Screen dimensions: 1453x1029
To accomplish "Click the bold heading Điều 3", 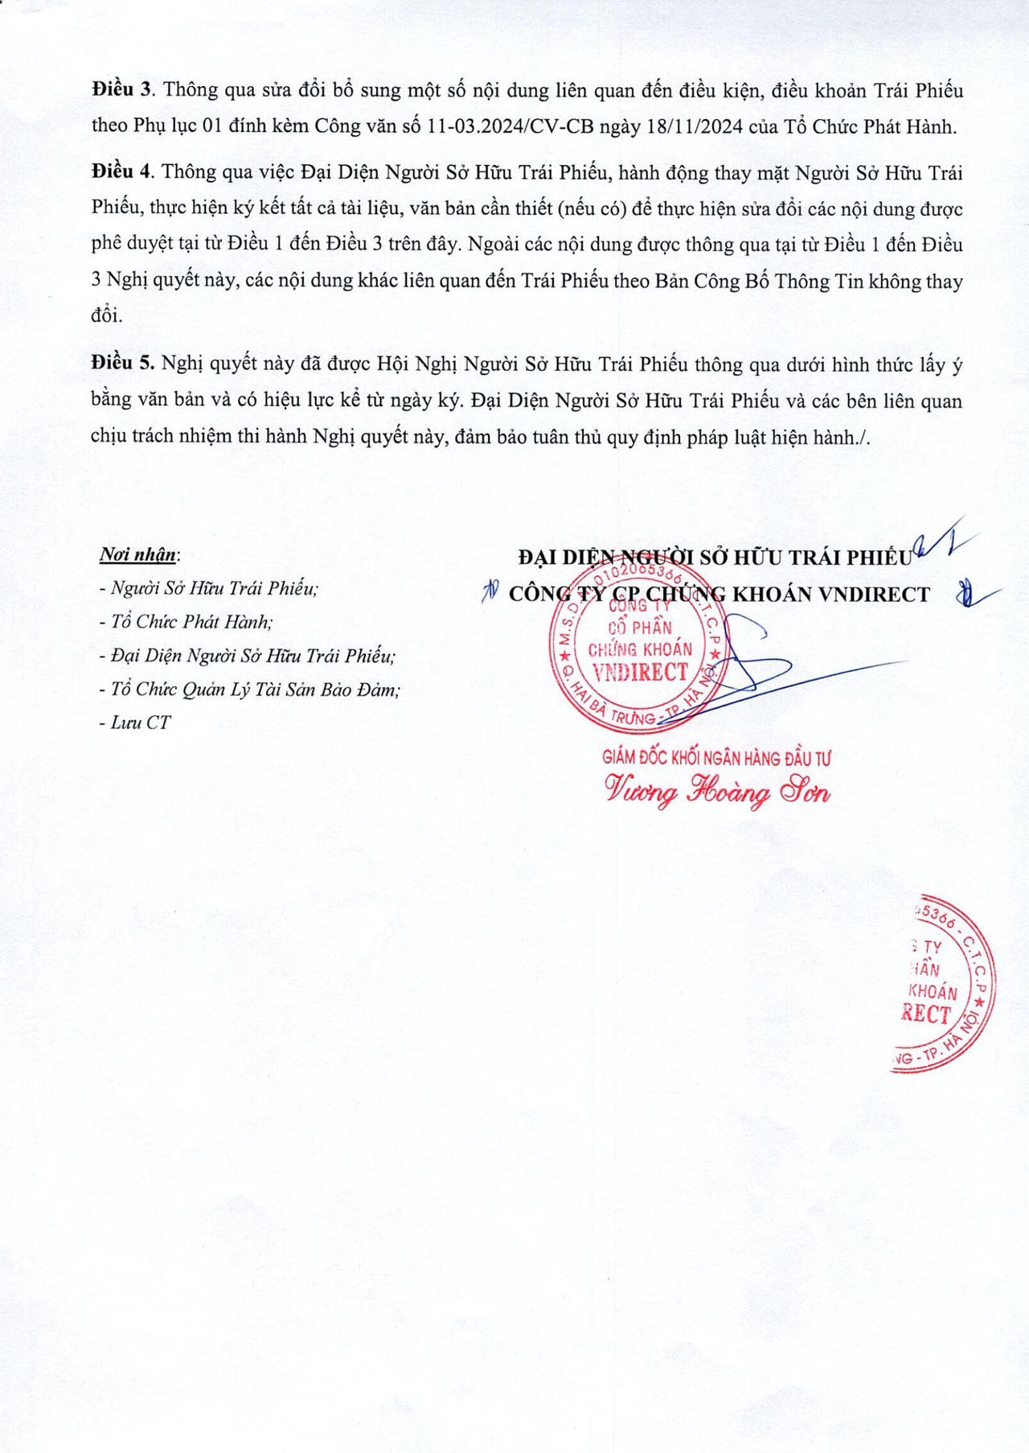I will [x=121, y=90].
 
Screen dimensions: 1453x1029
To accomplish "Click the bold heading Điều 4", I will [x=121, y=172].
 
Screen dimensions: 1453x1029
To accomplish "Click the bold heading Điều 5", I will [x=122, y=364].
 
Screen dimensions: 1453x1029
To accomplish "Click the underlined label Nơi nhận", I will [x=137, y=554].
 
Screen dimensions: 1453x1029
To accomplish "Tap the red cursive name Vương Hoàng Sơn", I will [x=717, y=793].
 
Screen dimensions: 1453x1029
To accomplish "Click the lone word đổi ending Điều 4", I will [x=107, y=315].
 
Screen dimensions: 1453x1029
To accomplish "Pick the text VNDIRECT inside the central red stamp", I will [x=640, y=673].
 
